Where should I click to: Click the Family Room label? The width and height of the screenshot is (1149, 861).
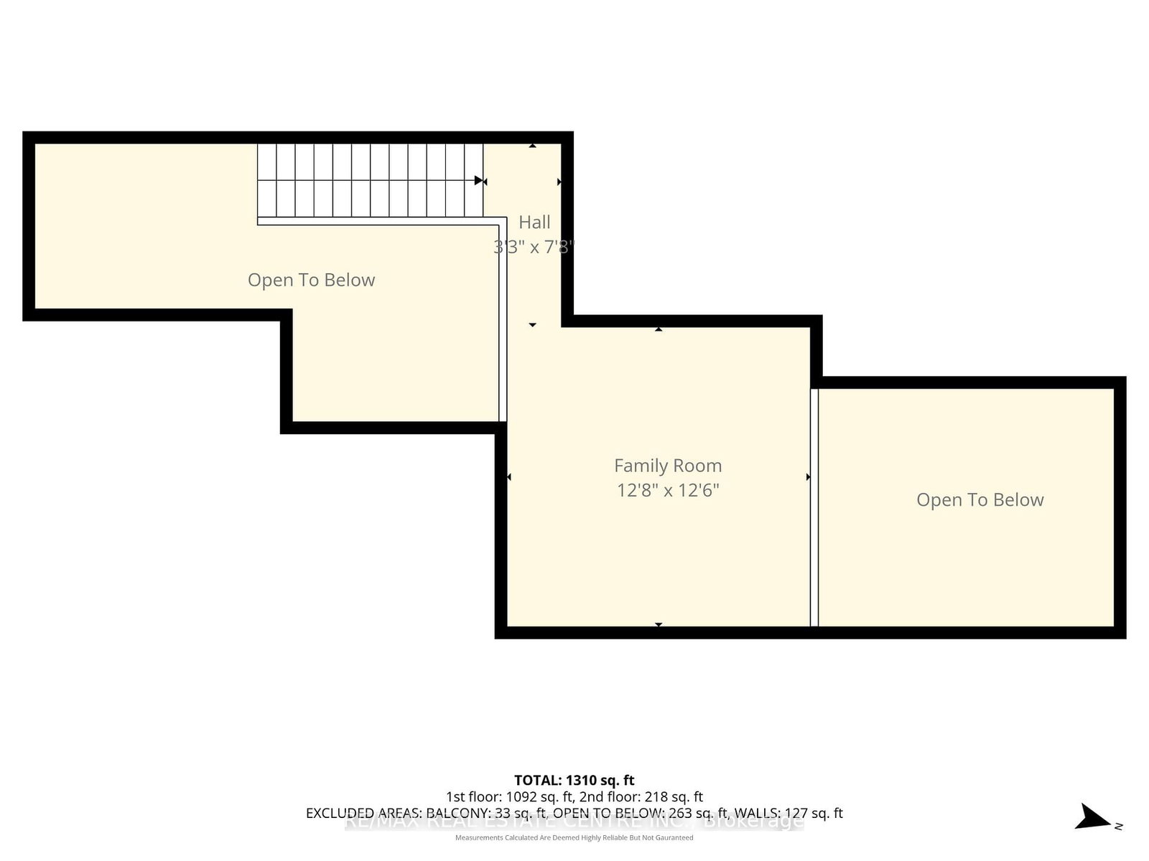[668, 466]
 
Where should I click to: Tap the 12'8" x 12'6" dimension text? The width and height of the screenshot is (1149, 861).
[668, 491]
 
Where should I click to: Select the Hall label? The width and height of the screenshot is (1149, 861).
[534, 222]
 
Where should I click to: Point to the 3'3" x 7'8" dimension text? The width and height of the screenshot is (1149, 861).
[534, 247]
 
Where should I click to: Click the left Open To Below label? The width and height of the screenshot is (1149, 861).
[311, 280]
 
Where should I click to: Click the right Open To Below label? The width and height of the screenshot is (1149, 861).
[980, 500]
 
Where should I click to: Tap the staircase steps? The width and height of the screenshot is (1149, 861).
[370, 180]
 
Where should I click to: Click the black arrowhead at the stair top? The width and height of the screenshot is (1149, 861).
[479, 180]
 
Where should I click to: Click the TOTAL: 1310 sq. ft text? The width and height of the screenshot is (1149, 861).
[574, 780]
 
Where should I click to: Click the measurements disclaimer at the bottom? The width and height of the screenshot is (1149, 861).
[574, 837]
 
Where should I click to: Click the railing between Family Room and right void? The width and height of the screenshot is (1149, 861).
[814, 507]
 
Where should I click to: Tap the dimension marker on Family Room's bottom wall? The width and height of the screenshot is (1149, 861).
[659, 625]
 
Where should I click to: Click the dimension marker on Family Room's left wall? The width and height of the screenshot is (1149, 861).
[509, 477]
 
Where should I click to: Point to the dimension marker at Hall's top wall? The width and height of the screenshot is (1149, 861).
[533, 146]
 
